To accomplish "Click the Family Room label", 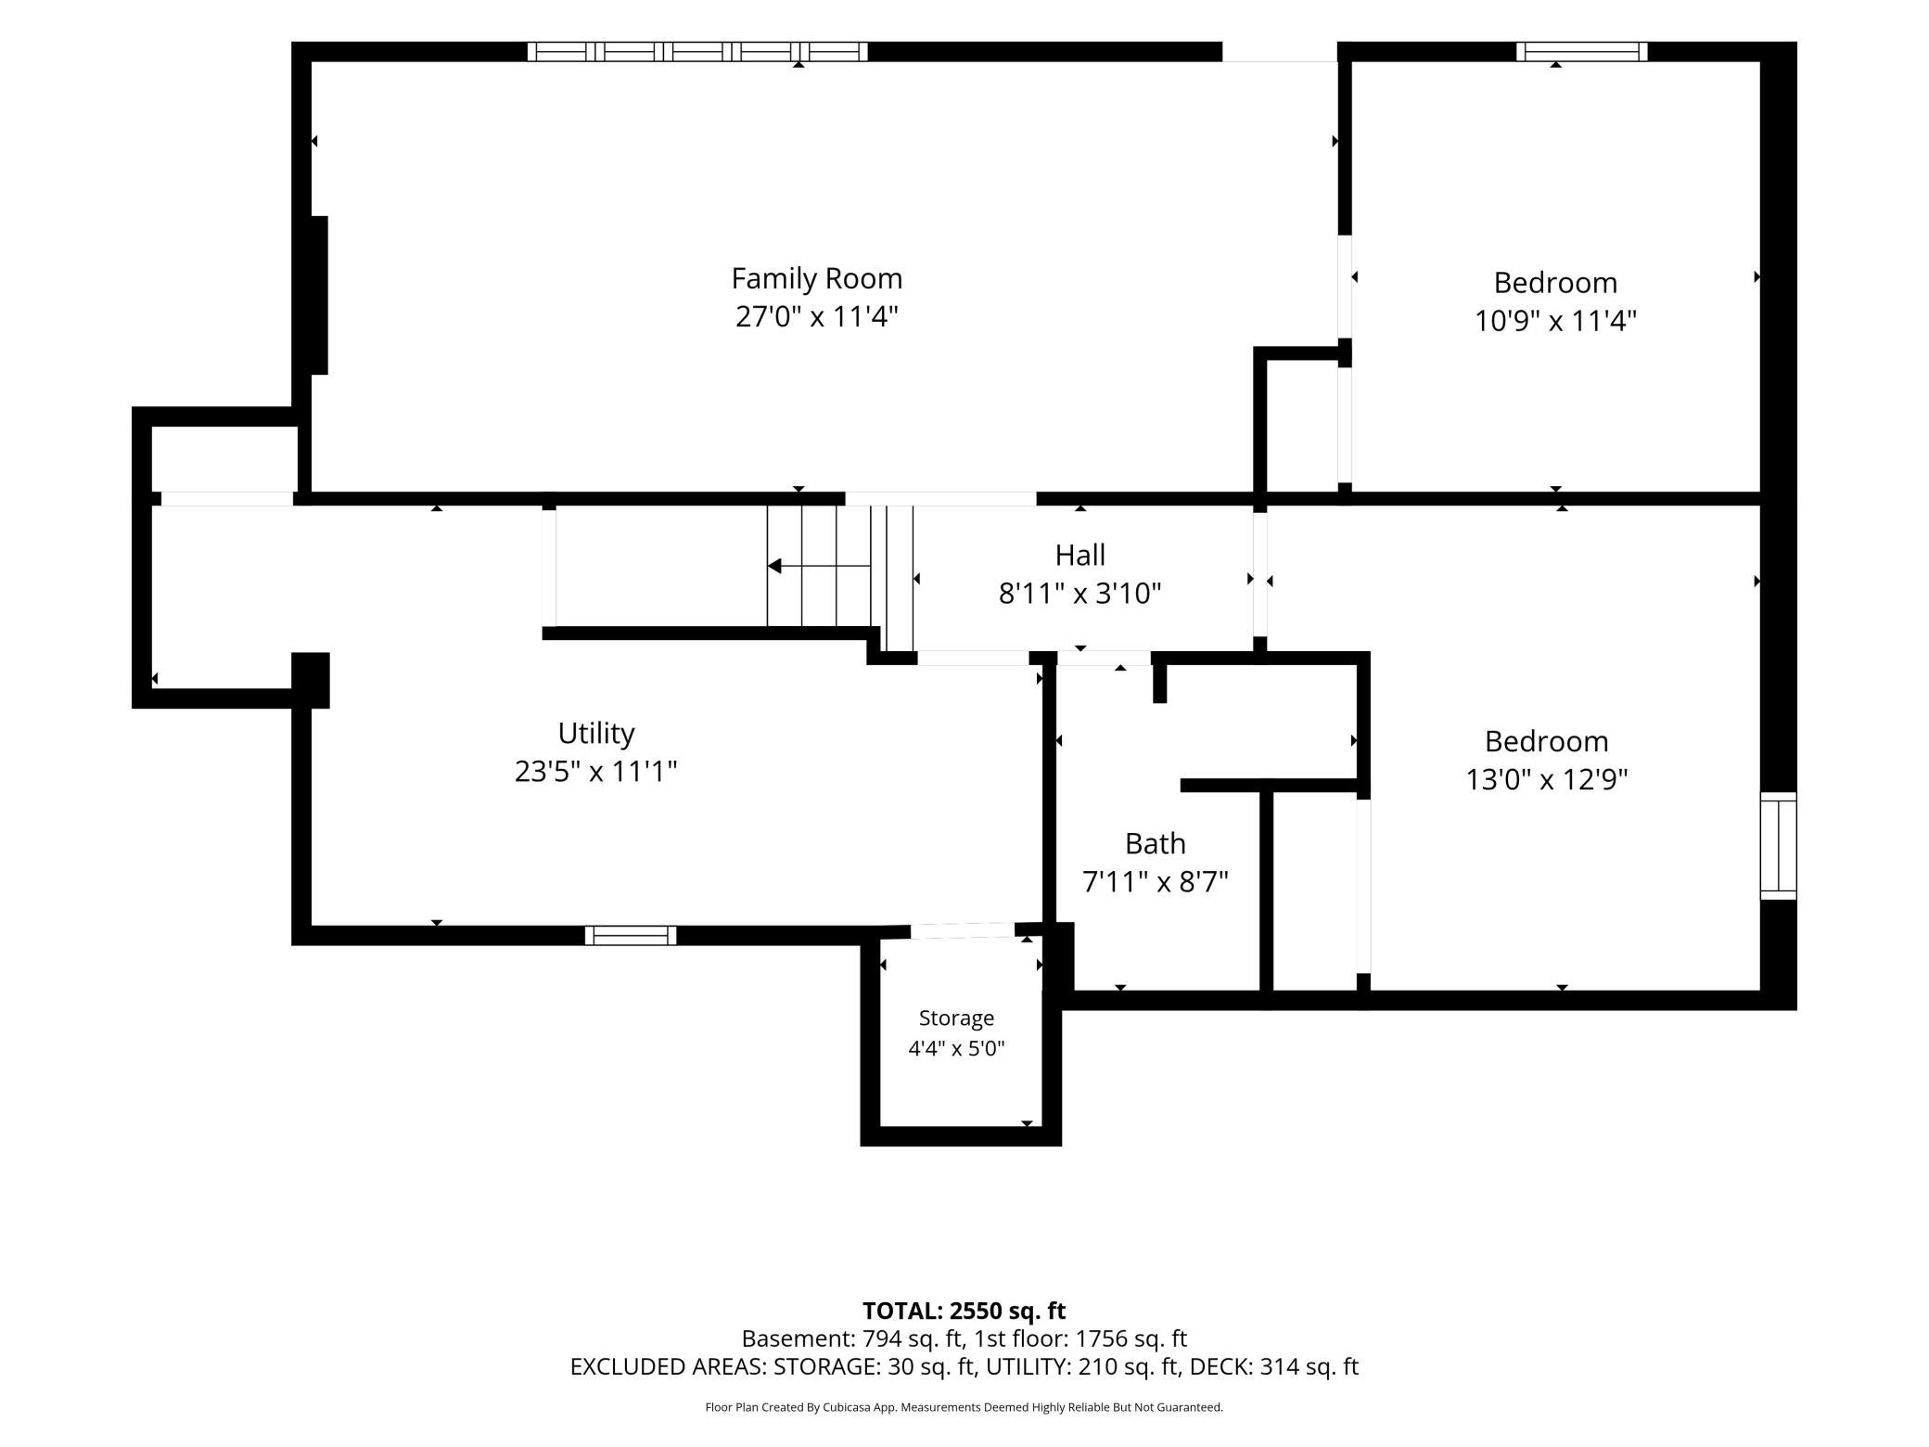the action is (x=816, y=278).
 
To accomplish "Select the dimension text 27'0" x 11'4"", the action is (x=816, y=317).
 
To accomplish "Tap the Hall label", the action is (x=1079, y=555).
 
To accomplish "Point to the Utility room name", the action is (x=596, y=734).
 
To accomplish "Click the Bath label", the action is (x=1155, y=843).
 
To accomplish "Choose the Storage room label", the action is (x=956, y=1018).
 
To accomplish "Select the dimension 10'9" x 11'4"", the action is (x=1555, y=321).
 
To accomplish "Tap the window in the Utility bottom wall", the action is (x=631, y=935).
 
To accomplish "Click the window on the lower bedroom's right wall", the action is (x=1778, y=846).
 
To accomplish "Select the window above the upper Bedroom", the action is (x=1582, y=52).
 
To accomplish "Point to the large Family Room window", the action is (x=697, y=52).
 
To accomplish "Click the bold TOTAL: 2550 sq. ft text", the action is (x=964, y=1311).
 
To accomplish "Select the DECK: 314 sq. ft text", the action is (x=1274, y=1367).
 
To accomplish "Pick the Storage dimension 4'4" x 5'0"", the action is (x=956, y=1049).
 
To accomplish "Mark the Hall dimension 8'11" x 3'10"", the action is (x=1079, y=594).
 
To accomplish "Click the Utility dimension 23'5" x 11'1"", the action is (x=596, y=772).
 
